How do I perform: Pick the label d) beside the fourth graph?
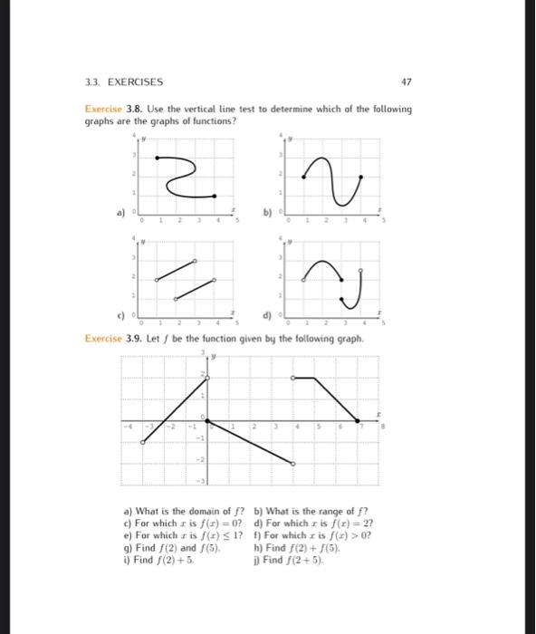(x=265, y=317)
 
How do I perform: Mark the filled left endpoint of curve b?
(x=304, y=178)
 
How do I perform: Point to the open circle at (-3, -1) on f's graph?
(x=143, y=442)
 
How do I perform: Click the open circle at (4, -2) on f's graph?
(x=292, y=464)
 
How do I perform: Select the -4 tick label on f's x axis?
(x=130, y=427)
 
